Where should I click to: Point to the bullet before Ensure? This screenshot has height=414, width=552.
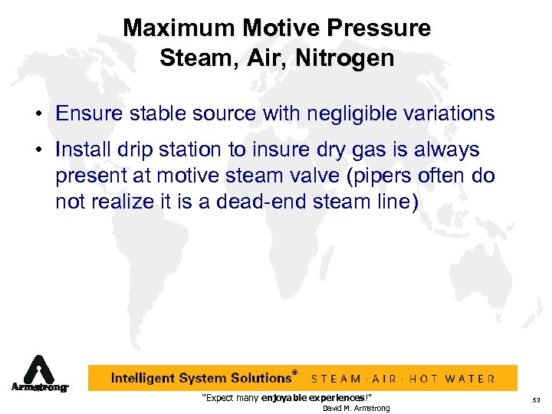tap(37, 114)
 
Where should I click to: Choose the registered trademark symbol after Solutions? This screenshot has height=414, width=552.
tap(294, 373)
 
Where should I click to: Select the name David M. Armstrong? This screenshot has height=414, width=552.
tap(356, 408)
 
